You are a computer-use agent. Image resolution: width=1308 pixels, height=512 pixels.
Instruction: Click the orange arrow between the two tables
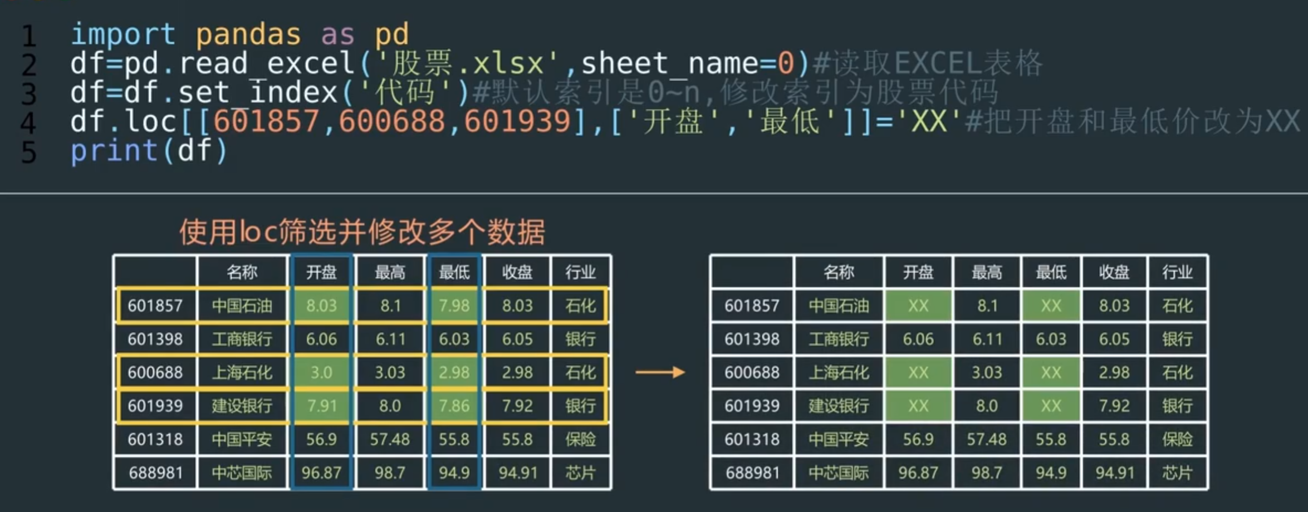(x=660, y=372)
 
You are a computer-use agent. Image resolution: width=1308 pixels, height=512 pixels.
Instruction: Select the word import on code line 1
(x=123, y=35)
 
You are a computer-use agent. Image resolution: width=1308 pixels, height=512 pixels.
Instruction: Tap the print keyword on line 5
(x=114, y=151)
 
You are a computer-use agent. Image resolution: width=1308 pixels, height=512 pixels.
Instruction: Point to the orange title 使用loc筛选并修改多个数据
(x=362, y=232)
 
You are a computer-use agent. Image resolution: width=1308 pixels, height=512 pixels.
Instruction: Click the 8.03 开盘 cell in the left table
(x=321, y=306)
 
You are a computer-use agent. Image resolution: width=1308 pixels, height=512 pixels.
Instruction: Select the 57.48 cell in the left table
(x=390, y=440)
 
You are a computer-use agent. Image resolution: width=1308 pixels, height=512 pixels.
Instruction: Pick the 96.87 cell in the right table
(x=918, y=473)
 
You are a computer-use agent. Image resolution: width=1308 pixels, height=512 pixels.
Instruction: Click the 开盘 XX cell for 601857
(x=918, y=306)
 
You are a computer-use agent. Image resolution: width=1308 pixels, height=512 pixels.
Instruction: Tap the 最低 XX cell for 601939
(x=1051, y=406)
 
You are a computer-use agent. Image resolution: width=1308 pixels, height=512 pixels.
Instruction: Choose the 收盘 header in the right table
(x=1114, y=272)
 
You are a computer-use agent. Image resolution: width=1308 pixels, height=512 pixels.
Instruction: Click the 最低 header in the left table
(x=454, y=272)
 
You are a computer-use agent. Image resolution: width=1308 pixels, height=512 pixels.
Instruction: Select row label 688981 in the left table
(x=155, y=473)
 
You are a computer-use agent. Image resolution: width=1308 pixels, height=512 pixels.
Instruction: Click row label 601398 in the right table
(x=752, y=339)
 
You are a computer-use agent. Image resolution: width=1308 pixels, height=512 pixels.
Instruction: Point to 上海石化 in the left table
(x=242, y=372)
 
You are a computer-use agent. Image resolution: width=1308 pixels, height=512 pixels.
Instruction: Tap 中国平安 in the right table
(x=839, y=440)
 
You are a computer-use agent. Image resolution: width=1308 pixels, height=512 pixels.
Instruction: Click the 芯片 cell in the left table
(x=580, y=473)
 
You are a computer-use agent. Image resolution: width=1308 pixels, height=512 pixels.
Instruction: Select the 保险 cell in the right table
(x=1177, y=440)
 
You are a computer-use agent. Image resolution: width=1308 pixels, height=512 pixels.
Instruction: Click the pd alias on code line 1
(x=391, y=35)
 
